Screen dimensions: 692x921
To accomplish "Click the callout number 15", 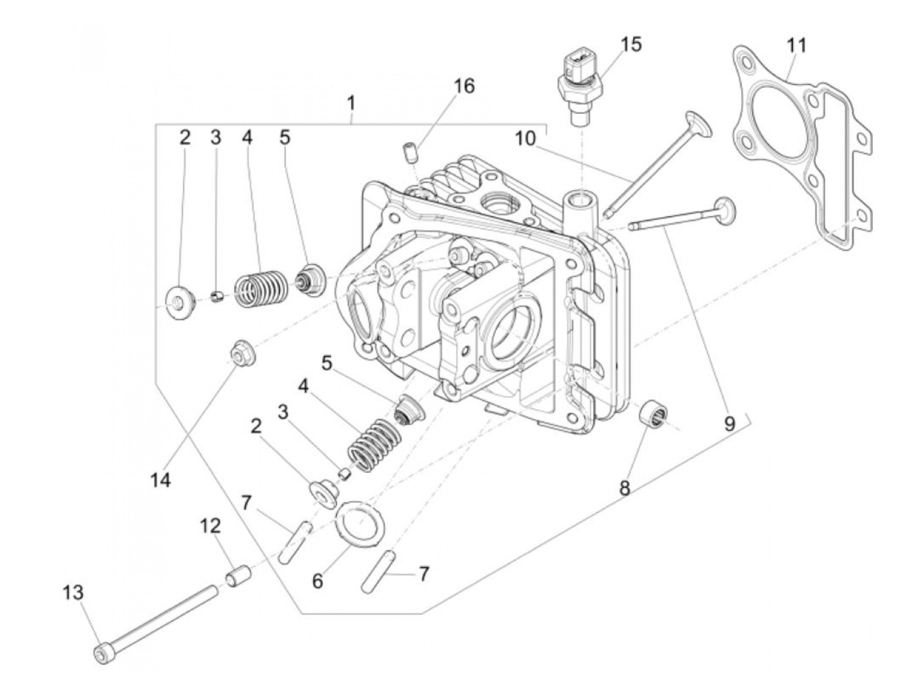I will [630, 45].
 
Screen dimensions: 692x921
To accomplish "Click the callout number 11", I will [796, 46].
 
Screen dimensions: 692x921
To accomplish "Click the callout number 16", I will [463, 86].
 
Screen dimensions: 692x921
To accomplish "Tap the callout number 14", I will [160, 480].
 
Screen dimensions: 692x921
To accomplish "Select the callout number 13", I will [73, 593].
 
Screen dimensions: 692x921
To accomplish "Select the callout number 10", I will [526, 139].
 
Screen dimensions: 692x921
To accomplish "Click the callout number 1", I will [351, 103].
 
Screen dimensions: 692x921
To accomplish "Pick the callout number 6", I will [318, 582].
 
